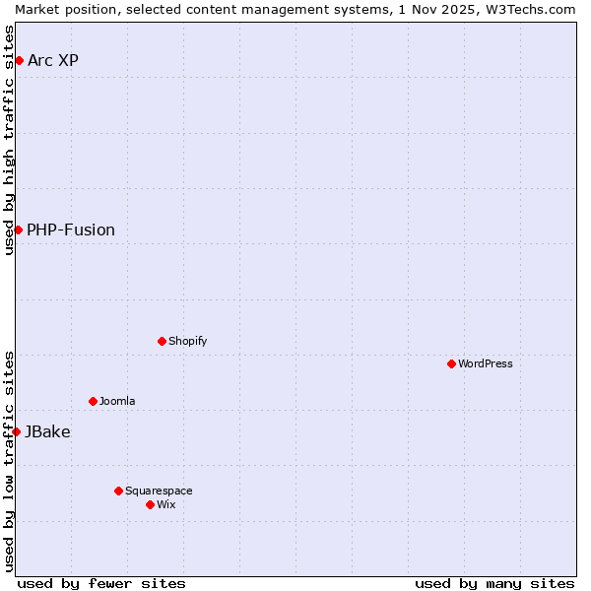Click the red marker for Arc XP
tap(19, 61)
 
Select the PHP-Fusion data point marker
tap(18, 230)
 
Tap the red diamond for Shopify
tap(162, 341)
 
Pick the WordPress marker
tap(451, 363)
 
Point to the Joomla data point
tap(93, 401)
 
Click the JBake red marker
tap(16, 431)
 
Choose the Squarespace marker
tap(118, 491)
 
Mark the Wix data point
tap(150, 504)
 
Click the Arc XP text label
tap(53, 61)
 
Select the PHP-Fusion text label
tap(71, 230)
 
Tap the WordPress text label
tap(486, 363)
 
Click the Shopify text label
tap(188, 341)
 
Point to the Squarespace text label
tap(160, 491)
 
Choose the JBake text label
tap(47, 431)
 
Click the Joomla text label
tap(117, 401)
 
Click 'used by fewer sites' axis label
tap(101, 583)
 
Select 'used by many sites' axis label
tap(494, 583)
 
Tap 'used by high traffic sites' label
tap(9, 140)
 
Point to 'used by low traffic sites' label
tap(9, 461)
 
